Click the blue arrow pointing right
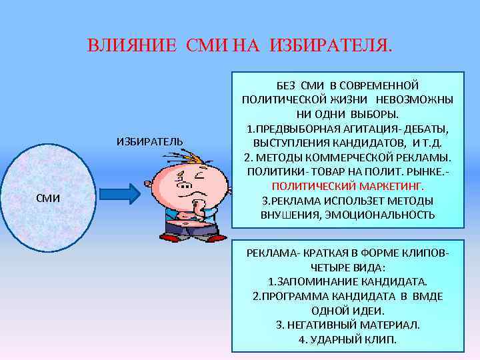coord(119,194)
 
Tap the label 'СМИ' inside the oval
coord(49,197)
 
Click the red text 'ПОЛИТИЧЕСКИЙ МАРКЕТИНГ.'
coord(347,187)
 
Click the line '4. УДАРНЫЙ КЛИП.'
coord(347,339)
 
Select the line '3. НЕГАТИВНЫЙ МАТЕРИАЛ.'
coord(347,325)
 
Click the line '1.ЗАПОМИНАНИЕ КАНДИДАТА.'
coord(347,282)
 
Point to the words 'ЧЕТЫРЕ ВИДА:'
coord(347,267)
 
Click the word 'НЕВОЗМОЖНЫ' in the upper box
coord(418,99)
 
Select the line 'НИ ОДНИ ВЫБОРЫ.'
coord(347,114)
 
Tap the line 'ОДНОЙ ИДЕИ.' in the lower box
coord(347,311)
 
